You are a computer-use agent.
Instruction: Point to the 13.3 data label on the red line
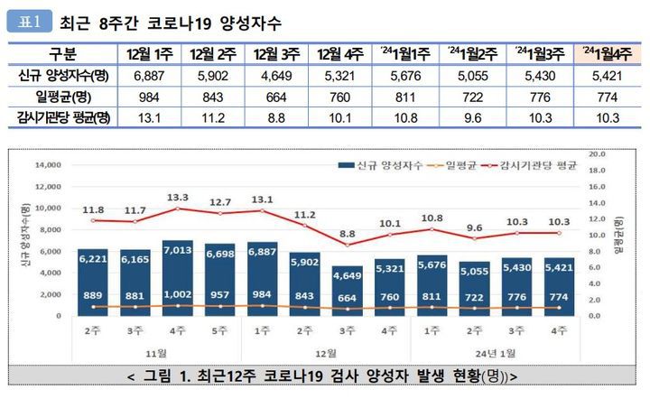click(x=177, y=198)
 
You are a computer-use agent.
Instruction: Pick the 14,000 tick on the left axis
click(x=45, y=165)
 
